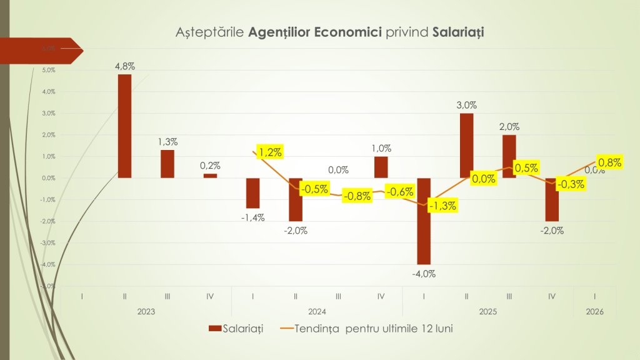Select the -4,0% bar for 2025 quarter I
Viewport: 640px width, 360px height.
[424, 221]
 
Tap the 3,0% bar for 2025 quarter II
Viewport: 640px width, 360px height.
[466, 146]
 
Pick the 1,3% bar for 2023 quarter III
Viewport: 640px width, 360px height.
[167, 164]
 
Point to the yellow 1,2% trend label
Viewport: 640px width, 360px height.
[269, 151]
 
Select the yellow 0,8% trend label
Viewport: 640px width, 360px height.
[609, 163]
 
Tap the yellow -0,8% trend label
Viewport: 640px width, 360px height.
[357, 196]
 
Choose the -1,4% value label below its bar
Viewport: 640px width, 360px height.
[252, 217]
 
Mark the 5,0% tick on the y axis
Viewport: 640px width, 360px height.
[49, 70]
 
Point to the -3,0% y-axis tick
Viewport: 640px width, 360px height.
[48, 242]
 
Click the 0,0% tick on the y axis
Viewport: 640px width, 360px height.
[49, 178]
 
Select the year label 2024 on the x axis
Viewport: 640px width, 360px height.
[317, 311]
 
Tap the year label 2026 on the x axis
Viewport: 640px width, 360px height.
[594, 311]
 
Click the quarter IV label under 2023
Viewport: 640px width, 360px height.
[210, 296]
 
